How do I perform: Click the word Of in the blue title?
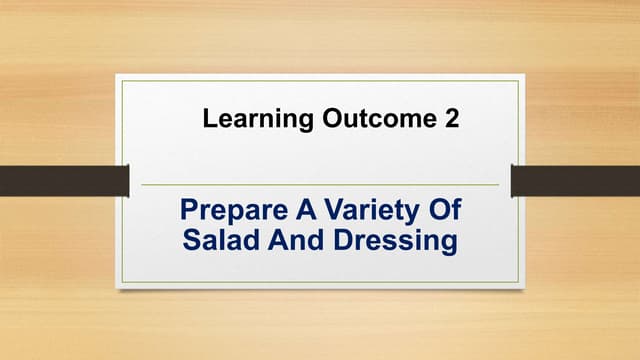click(439, 211)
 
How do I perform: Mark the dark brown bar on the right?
click(575, 181)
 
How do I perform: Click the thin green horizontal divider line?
click(320, 185)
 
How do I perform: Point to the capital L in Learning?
click(209, 120)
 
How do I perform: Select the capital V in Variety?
click(308, 211)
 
